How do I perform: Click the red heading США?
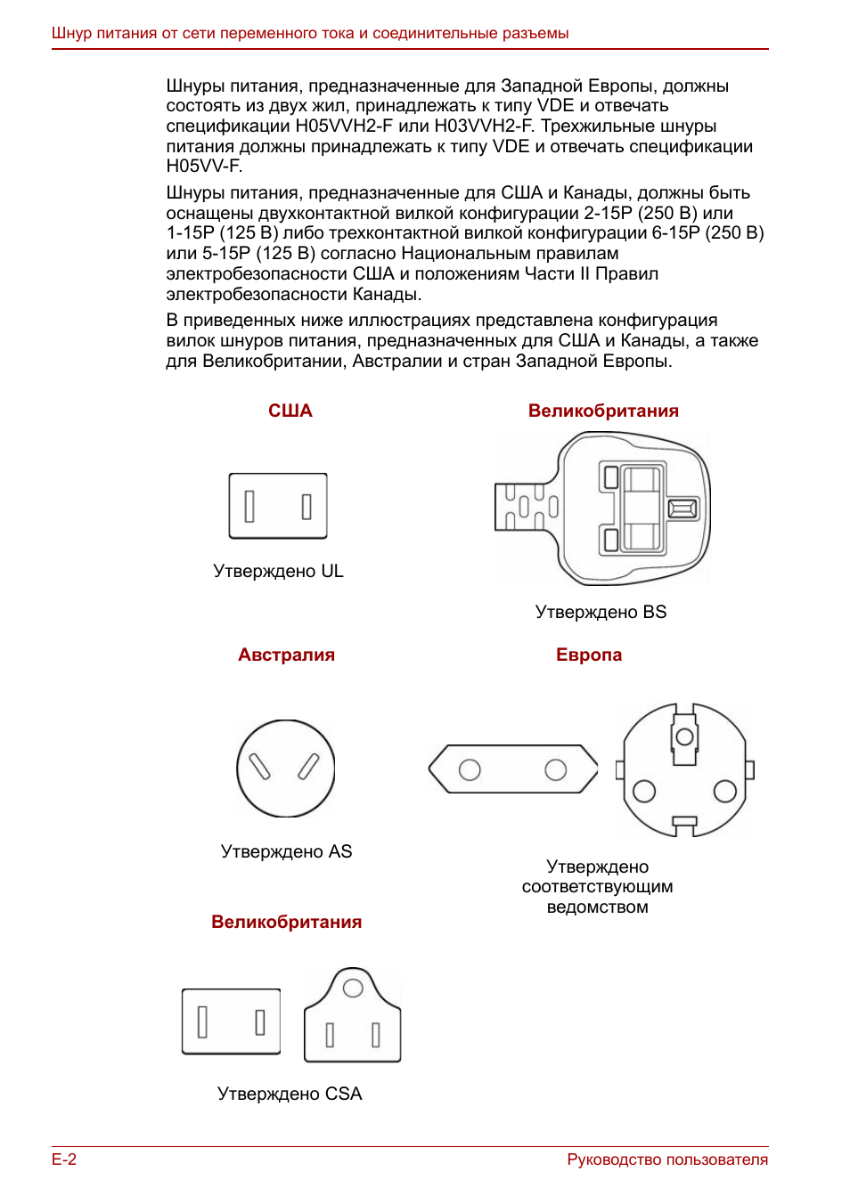tap(290, 411)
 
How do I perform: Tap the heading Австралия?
tap(286, 655)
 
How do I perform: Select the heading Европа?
tap(589, 655)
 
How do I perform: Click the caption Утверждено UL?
tap(278, 571)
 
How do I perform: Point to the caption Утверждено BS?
tap(601, 612)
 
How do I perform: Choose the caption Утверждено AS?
tap(286, 851)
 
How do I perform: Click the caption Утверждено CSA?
tap(290, 1094)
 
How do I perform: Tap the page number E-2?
tap(64, 1159)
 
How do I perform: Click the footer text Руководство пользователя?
tap(667, 1159)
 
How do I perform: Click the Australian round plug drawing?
tap(285, 769)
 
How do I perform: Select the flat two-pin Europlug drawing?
tap(513, 769)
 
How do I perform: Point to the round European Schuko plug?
tap(685, 769)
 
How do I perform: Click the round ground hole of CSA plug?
tap(353, 988)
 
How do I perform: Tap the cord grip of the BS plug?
tap(527, 507)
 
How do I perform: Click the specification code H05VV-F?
tap(204, 167)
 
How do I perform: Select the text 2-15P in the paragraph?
tap(608, 213)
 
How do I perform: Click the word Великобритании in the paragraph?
tap(274, 362)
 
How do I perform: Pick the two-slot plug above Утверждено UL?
tap(278, 506)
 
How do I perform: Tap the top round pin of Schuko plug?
tap(684, 736)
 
